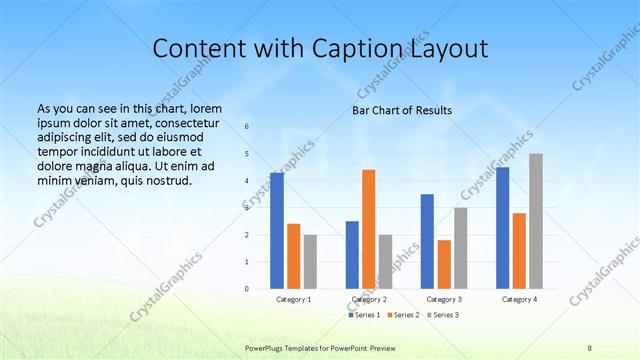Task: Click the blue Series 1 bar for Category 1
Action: click(x=277, y=231)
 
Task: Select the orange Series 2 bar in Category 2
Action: click(x=369, y=229)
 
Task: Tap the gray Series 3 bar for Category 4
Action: click(x=536, y=221)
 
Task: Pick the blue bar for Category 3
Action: click(x=427, y=241)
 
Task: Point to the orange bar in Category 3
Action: click(x=444, y=264)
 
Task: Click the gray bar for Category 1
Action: click(x=310, y=262)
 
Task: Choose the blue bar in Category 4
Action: click(x=502, y=228)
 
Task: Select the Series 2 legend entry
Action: click(x=402, y=315)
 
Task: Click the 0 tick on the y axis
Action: click(x=247, y=289)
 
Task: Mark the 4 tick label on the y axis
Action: click(x=247, y=181)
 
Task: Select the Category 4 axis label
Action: click(x=518, y=299)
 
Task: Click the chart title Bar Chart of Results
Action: click(x=401, y=110)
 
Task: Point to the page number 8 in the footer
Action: click(x=590, y=346)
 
